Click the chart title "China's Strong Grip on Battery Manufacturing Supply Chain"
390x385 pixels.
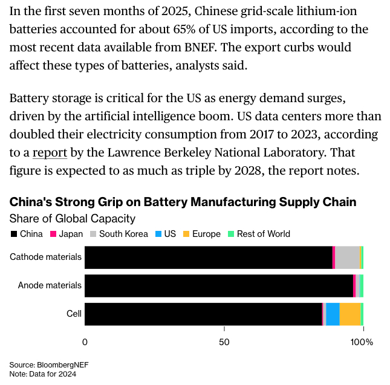[183, 202]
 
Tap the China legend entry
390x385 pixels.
[27, 234]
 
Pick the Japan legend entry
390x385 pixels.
[67, 234]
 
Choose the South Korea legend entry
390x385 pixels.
[119, 234]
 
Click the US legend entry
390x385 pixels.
[166, 234]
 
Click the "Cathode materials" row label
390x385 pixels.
[45, 257]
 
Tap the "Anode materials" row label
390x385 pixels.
[49, 285]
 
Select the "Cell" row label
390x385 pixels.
[74, 314]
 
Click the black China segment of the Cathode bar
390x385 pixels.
[208, 257]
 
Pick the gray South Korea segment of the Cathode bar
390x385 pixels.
[347, 257]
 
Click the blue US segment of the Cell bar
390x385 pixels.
[333, 314]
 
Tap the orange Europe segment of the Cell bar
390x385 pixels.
[350, 314]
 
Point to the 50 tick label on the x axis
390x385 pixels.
[224, 342]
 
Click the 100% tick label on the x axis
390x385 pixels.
[363, 342]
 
